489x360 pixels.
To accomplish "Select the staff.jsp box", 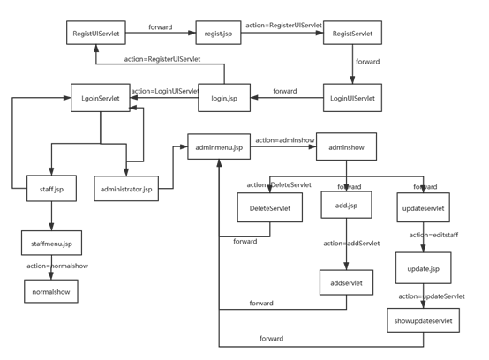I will point(52,189).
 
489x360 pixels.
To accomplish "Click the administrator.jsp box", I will point(127,189).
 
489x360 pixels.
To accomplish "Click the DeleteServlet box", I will point(269,207).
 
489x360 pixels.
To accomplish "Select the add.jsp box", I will point(346,206).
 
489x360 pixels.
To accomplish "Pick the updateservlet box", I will point(422,207).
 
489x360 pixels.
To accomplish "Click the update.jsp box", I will point(423,266).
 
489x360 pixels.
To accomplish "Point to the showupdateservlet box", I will point(423,321).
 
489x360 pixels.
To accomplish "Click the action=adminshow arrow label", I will point(284,139).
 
